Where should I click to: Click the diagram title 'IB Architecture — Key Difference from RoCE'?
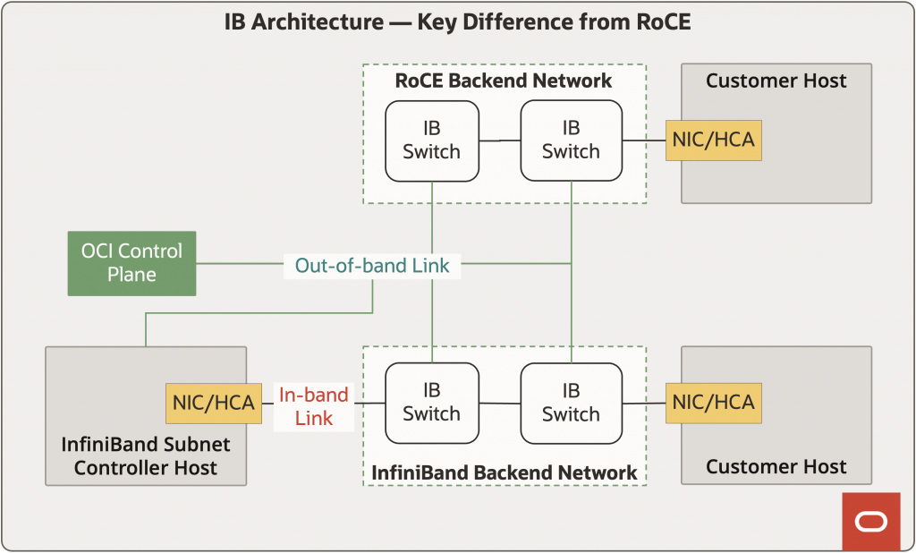(x=457, y=22)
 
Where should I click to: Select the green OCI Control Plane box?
(x=132, y=263)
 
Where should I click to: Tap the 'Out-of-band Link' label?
(x=371, y=265)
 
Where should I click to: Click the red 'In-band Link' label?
(x=313, y=406)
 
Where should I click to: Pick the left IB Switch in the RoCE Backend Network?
(x=432, y=140)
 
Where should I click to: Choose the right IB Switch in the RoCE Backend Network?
(x=571, y=140)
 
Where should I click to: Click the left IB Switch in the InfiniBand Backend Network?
(x=432, y=403)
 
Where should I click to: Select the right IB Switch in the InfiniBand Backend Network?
(x=571, y=403)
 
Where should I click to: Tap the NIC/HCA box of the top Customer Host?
(x=714, y=140)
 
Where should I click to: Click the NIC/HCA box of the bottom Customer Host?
(x=714, y=403)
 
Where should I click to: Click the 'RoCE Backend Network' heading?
(x=504, y=81)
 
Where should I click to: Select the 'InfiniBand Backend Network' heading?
(x=504, y=472)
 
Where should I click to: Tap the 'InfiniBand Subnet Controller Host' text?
(x=146, y=455)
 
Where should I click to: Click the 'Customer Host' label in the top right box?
(x=776, y=81)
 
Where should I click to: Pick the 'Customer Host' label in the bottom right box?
(x=776, y=466)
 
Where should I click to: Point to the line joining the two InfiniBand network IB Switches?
(x=500, y=404)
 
